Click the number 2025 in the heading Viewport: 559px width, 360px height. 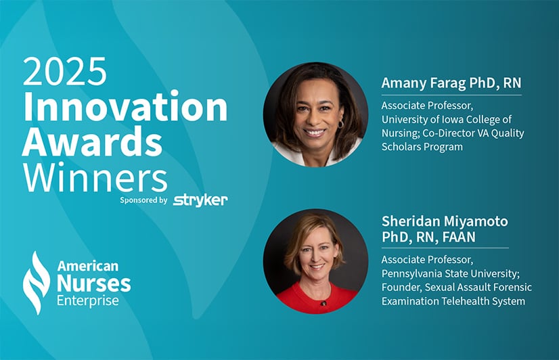click(x=65, y=71)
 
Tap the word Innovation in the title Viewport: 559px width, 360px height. click(x=125, y=106)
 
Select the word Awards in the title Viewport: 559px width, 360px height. click(x=92, y=141)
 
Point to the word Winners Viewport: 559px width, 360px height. click(x=95, y=177)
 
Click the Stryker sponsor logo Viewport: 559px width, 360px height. click(x=200, y=200)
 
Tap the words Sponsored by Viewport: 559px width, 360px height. click(x=143, y=200)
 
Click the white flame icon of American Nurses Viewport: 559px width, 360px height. click(x=36, y=283)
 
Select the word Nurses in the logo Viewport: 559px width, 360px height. click(x=94, y=284)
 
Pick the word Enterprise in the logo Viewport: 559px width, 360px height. click(x=88, y=300)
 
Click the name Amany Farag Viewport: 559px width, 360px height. click(x=424, y=83)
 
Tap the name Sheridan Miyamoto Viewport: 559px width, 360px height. click(x=445, y=221)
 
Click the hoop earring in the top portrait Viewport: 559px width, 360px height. click(x=340, y=124)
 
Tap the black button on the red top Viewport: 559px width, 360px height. click(x=323, y=303)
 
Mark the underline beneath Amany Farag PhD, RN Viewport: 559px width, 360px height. click(x=451, y=95)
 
